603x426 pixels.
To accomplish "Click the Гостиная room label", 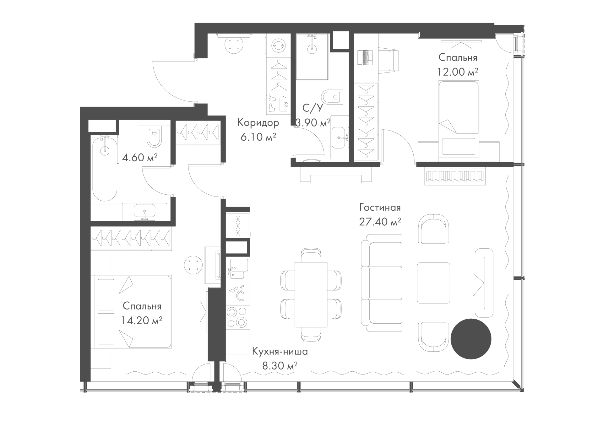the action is (x=380, y=208).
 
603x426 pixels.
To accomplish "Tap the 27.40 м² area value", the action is (x=380, y=222).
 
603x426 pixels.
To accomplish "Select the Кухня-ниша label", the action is (x=280, y=352).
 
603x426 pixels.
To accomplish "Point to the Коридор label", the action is (x=258, y=122).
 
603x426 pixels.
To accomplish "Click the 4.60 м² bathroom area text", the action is (x=140, y=157).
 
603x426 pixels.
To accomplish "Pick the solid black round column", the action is (x=471, y=339).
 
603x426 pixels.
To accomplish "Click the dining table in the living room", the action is (x=311, y=294).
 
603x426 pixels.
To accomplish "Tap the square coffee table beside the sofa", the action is (x=433, y=283).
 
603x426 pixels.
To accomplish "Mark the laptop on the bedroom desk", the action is (x=365, y=57).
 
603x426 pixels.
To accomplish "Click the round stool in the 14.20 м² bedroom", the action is (x=193, y=264).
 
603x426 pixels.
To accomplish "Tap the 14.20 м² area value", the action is (x=142, y=320).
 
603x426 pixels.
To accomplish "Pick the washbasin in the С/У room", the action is (x=340, y=137).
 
